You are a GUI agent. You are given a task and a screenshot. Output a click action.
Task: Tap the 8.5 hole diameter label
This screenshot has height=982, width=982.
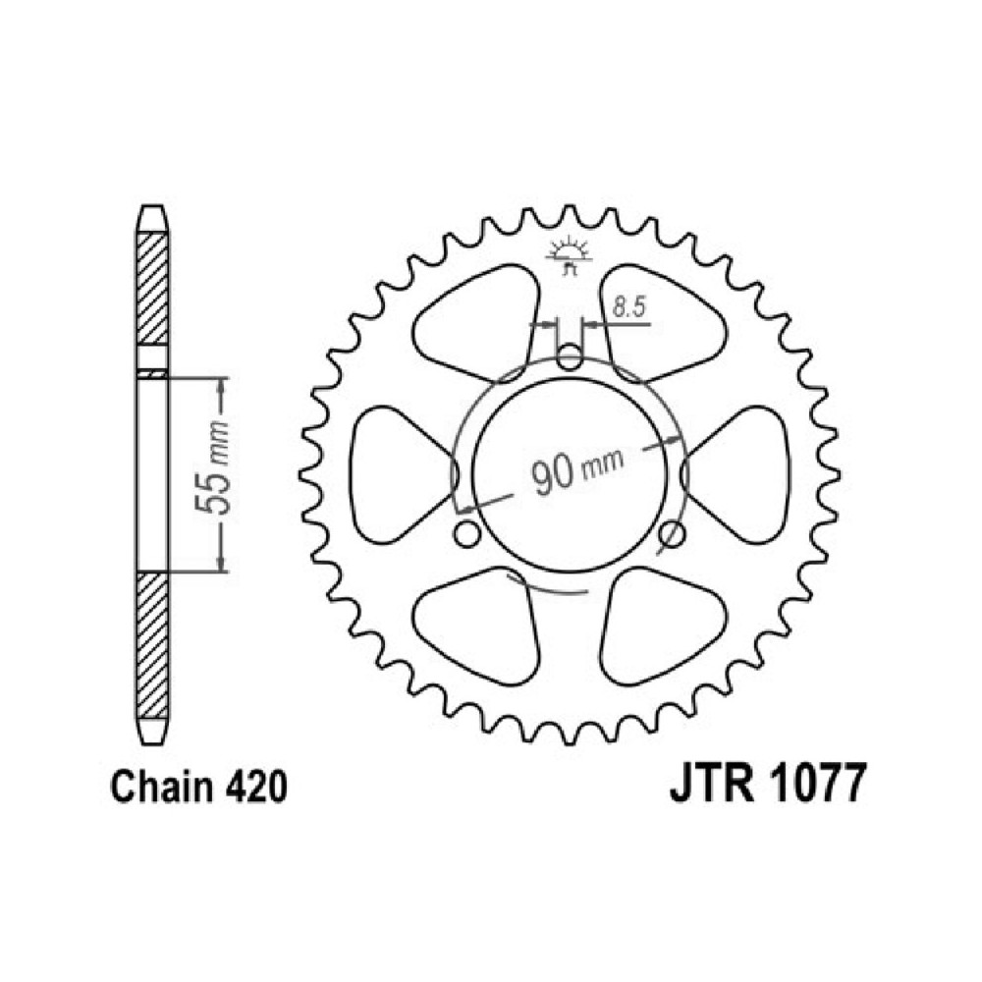point(628,309)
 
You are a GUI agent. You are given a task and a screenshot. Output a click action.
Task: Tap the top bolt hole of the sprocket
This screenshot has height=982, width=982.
point(570,357)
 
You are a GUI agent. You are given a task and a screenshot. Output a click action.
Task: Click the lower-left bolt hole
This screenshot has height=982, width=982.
point(467,534)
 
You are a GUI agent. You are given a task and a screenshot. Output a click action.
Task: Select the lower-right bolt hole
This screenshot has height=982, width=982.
point(672,534)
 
